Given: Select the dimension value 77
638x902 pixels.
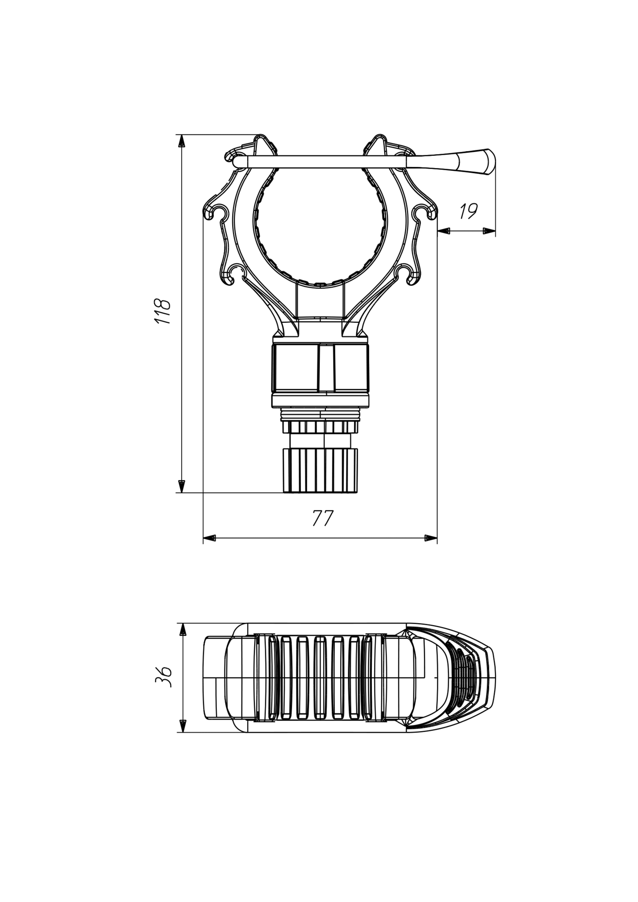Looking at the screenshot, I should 323,518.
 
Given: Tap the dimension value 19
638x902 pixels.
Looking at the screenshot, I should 468,211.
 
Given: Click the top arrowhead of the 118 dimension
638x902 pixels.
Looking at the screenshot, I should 181,140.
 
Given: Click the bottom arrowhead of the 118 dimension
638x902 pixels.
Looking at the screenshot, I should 181,486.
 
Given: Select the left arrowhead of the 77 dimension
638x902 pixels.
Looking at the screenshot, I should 210,538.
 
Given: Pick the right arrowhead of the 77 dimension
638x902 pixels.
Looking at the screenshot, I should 430,538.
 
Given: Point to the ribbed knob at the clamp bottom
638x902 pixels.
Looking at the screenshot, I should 320,470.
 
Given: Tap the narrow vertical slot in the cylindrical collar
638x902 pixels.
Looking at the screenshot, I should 326,368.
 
